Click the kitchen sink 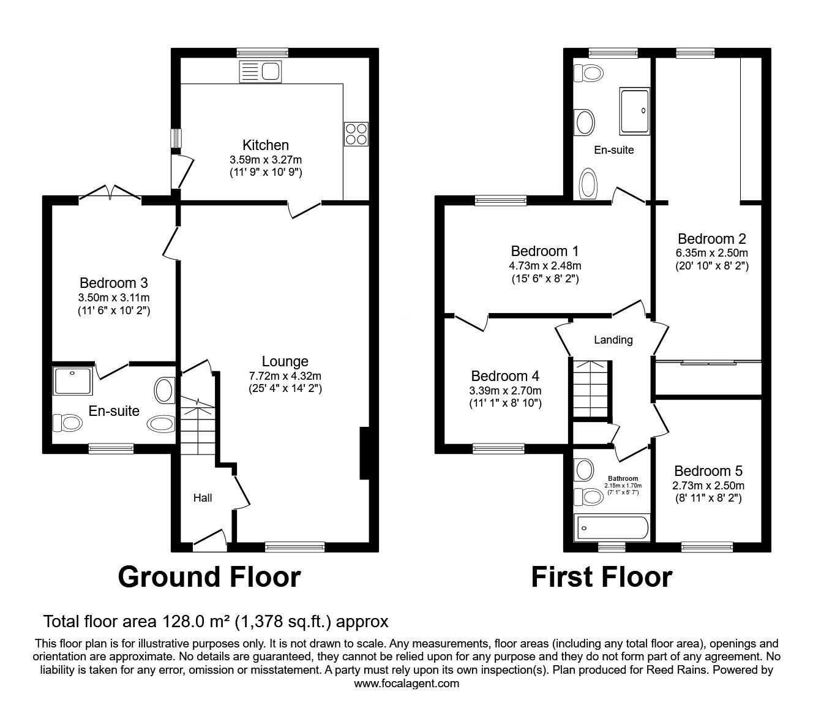click(x=260, y=72)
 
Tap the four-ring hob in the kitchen click(x=356, y=134)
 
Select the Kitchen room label click(x=266, y=145)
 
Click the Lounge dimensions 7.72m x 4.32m click(x=285, y=376)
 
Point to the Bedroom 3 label click(x=114, y=282)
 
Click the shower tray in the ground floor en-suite click(x=73, y=380)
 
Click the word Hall click(x=203, y=498)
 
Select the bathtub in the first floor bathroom click(x=612, y=527)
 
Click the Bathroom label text click(x=623, y=478)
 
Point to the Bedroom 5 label click(x=708, y=471)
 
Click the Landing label click(x=613, y=340)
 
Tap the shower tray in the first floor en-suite click(x=634, y=111)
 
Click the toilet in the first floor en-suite click(x=588, y=74)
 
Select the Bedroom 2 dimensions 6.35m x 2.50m click(x=711, y=253)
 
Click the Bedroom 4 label click(x=505, y=376)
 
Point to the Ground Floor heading click(x=209, y=577)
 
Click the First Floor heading click(x=602, y=577)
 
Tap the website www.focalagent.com click(x=406, y=684)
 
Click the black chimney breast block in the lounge click(x=364, y=453)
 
